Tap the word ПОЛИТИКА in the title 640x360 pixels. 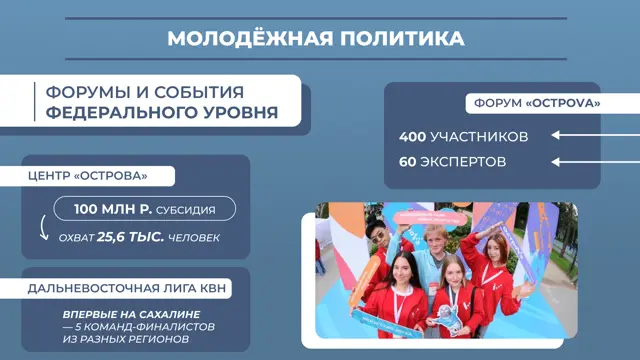coord(402,38)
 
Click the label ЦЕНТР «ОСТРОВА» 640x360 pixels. coord(88,176)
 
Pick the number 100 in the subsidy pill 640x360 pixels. coord(85,209)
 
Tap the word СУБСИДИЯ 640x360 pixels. coord(186,210)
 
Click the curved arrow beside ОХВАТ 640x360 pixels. coord(43,228)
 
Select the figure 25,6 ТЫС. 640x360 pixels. coord(130,237)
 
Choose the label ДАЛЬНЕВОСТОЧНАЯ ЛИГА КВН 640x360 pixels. coord(127,288)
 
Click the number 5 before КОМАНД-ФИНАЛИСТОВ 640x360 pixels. coord(78,327)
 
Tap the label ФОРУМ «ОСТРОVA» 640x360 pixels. coord(537,103)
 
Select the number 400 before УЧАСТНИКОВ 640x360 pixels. coord(413,137)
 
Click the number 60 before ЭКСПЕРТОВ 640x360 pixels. coord(407,162)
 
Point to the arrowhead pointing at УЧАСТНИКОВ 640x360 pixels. coord(555,135)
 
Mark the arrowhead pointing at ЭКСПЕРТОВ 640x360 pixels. coord(555,162)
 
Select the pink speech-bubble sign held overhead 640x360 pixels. coord(430,218)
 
